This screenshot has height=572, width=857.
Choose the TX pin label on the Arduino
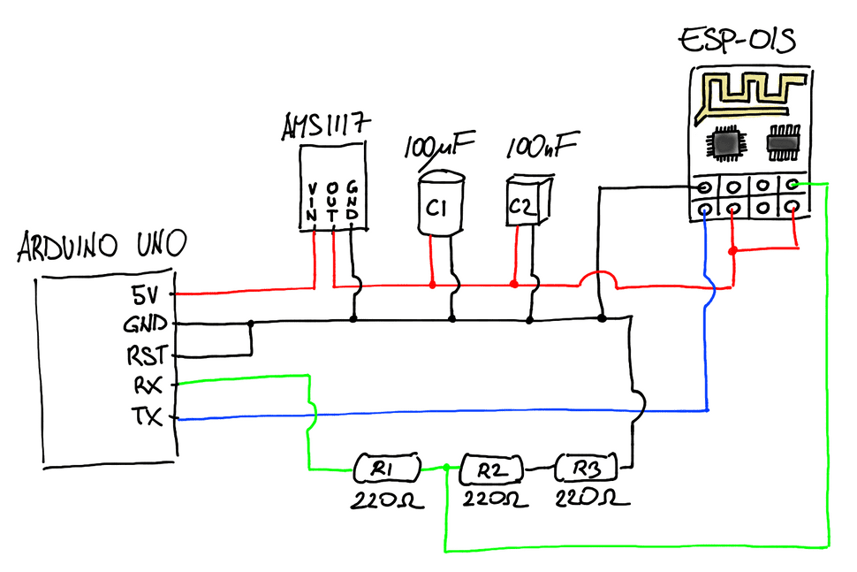147,416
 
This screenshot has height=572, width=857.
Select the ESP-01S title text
738,41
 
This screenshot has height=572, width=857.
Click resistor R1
387,468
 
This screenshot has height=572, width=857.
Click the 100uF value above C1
439,146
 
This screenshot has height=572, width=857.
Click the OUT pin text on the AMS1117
332,202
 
